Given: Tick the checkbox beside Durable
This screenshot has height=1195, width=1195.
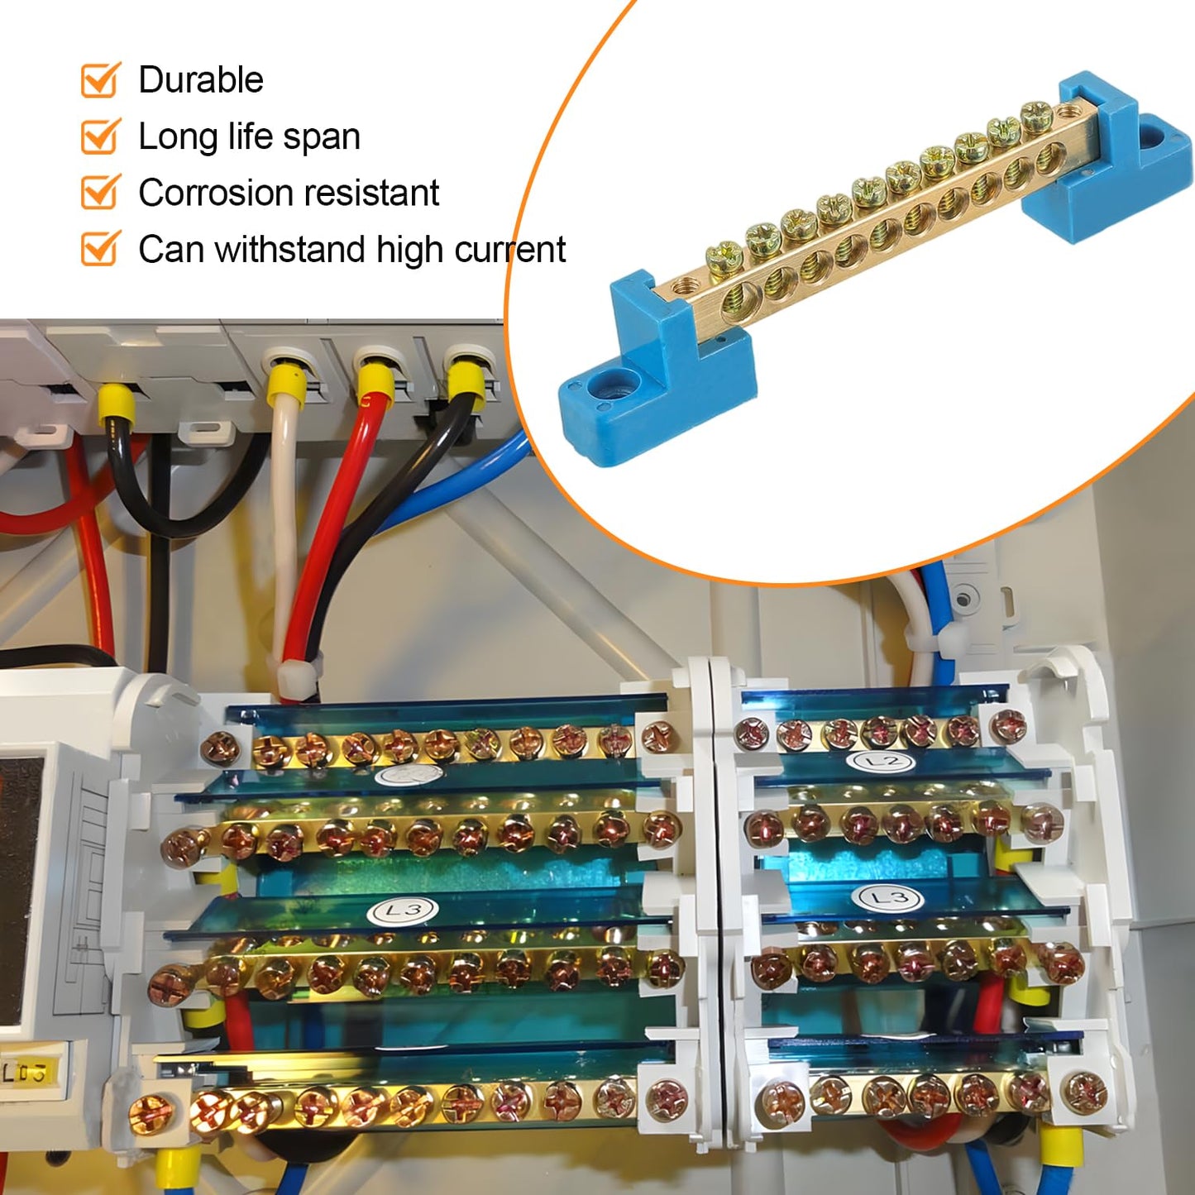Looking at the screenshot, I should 99,80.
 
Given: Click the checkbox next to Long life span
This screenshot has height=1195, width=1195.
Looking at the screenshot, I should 99,136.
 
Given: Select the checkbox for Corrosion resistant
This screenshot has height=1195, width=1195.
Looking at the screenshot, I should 99,193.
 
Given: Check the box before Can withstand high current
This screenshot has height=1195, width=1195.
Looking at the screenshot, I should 99,249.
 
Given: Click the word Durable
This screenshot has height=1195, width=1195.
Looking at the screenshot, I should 201,80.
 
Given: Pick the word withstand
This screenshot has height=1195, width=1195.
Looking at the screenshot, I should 292,249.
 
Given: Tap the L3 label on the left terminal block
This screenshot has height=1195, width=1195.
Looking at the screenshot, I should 404,911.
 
